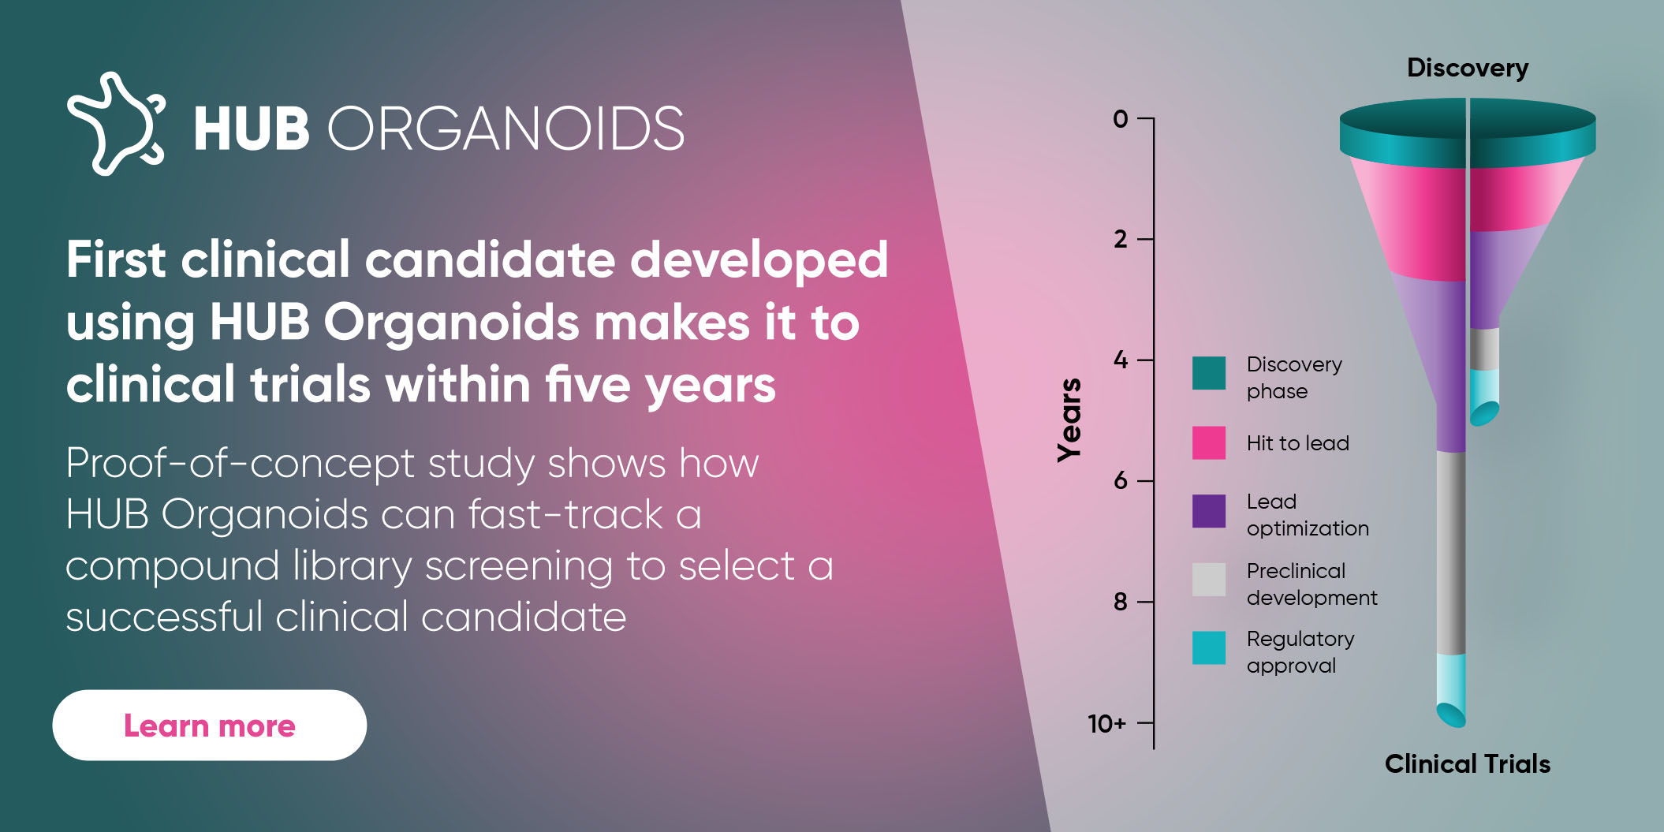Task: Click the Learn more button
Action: pos(210,726)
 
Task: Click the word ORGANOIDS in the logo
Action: pos(506,129)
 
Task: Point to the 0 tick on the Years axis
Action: pos(1121,119)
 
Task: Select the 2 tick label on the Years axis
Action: pos(1121,239)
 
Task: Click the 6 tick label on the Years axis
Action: pos(1121,480)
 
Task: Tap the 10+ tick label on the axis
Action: pos(1107,723)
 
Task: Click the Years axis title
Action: pos(1069,420)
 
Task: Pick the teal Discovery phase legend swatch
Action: pos(1209,373)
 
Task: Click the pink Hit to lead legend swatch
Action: pos(1209,442)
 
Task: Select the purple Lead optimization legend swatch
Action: pos(1209,511)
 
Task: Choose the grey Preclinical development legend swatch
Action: pos(1209,580)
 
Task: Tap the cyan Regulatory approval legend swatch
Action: pos(1209,647)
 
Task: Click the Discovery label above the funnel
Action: pos(1468,69)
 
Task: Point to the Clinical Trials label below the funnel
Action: pos(1468,763)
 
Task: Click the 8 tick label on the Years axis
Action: pos(1121,602)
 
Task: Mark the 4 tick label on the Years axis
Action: pos(1121,360)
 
